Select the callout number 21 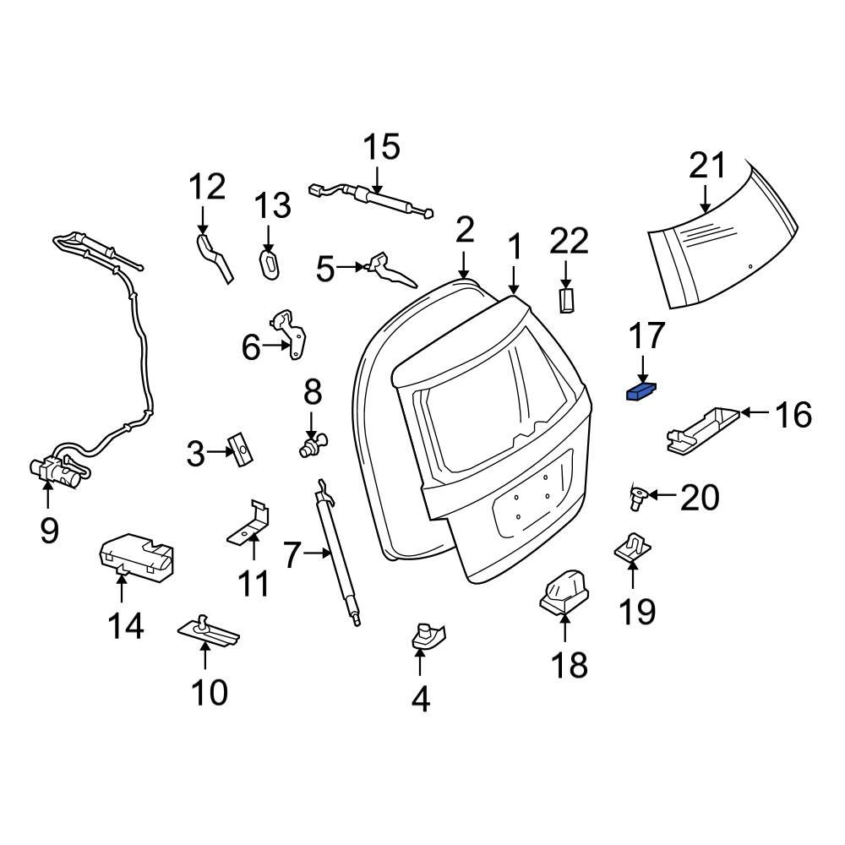pos(706,166)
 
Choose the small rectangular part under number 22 pos(567,300)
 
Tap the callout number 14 pos(125,626)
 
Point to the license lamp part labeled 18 pos(564,591)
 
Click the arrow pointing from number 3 pos(219,452)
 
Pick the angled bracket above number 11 pos(252,524)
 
